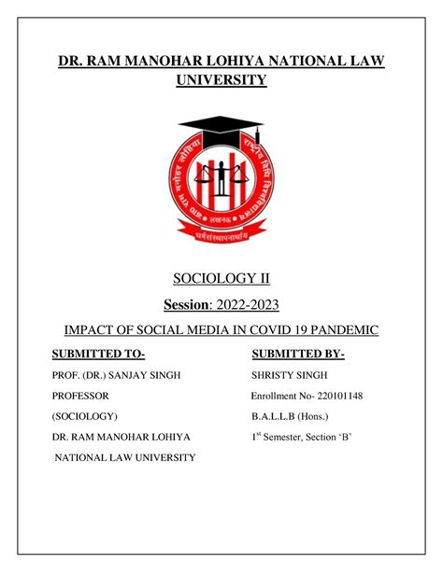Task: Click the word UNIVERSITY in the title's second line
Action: click(x=221, y=81)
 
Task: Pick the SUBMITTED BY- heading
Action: click(x=298, y=355)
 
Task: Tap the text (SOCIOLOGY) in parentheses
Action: click(x=84, y=415)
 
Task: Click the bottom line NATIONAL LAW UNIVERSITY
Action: click(x=124, y=457)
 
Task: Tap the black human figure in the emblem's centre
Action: click(x=220, y=177)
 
